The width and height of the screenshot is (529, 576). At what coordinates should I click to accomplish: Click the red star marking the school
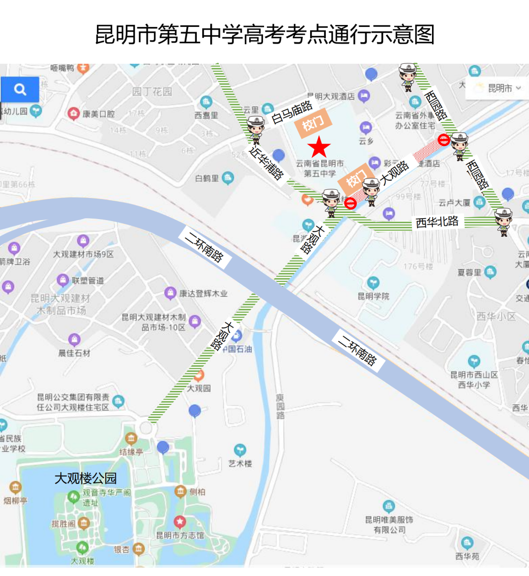[x=319, y=147]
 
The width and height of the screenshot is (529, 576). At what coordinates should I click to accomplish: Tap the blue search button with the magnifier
[x=20, y=89]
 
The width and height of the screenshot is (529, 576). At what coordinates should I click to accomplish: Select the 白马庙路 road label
[x=291, y=113]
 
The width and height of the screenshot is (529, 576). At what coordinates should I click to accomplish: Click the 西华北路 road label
[x=437, y=222]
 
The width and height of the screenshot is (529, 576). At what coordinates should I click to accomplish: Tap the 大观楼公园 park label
[x=86, y=478]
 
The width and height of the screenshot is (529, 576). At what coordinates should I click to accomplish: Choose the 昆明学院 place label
[x=373, y=296]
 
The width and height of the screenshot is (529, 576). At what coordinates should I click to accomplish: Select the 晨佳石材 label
[x=74, y=353]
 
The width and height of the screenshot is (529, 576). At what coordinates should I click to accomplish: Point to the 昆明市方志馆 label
[x=180, y=535]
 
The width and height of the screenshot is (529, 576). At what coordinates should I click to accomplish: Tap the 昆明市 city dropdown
[x=499, y=88]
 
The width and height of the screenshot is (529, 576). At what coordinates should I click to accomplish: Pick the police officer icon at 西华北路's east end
[x=504, y=221]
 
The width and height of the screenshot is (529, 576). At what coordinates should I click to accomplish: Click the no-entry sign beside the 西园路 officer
[x=444, y=140]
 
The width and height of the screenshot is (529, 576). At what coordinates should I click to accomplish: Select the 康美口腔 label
[x=98, y=114]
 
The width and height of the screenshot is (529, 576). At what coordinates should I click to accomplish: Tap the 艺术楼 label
[x=240, y=463]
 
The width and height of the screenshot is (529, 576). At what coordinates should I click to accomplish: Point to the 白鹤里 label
[x=207, y=178]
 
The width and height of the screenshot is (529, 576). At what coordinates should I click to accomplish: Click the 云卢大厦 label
[x=454, y=202]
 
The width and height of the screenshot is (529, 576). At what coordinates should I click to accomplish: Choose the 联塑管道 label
[x=88, y=280]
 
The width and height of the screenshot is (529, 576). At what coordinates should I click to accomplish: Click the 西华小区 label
[x=496, y=317]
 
